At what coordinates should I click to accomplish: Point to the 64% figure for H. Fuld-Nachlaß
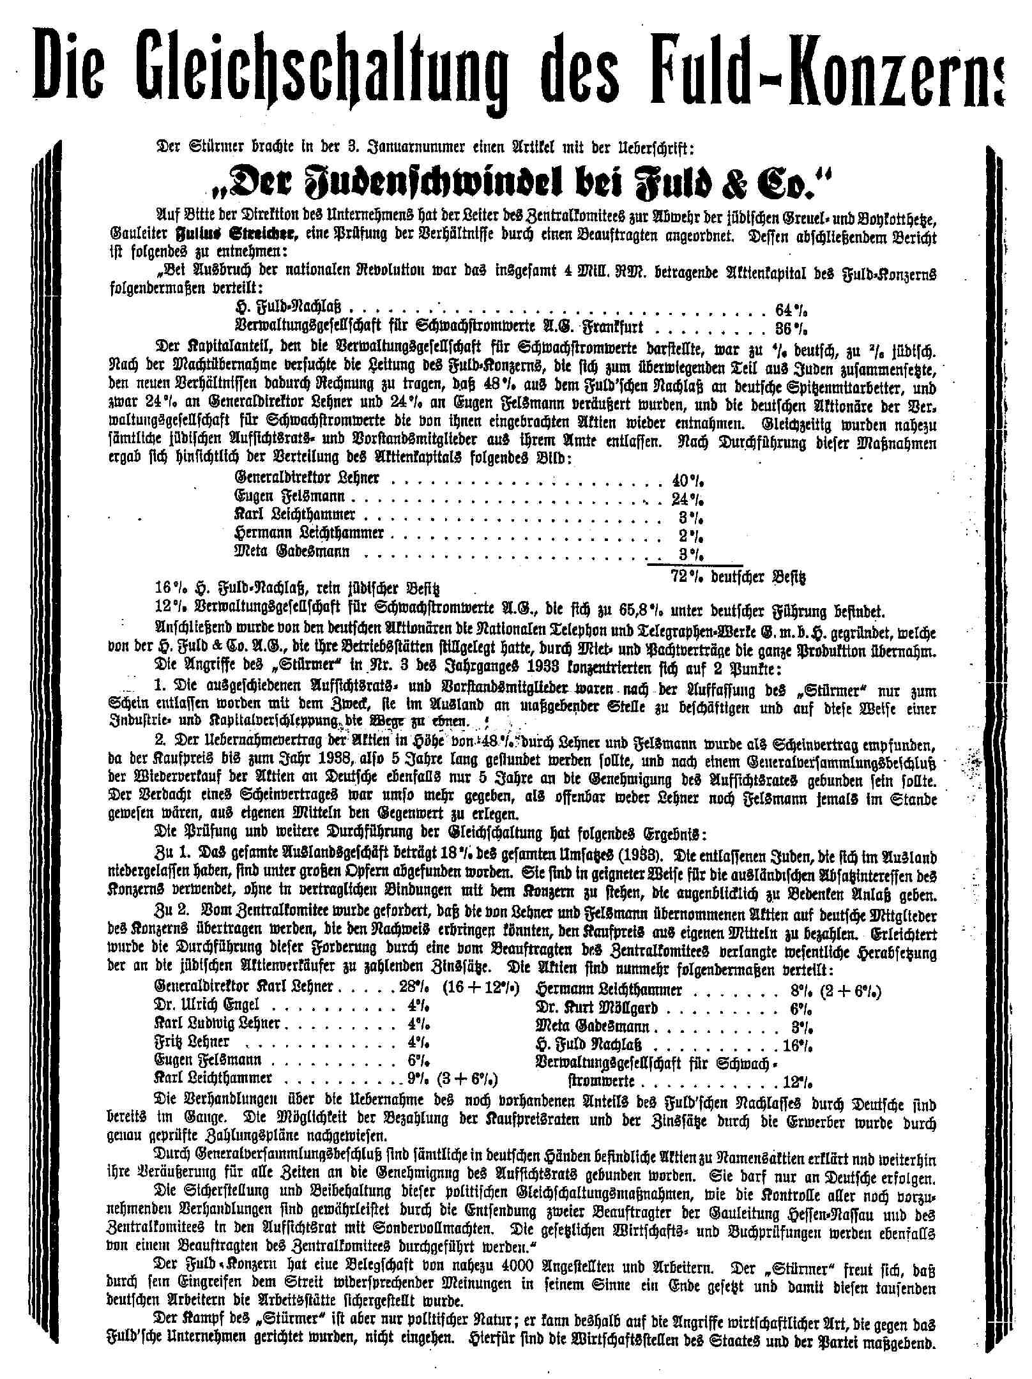coord(791,310)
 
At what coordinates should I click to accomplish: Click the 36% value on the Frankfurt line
coord(791,328)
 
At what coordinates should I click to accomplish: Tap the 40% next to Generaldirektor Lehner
coord(688,479)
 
